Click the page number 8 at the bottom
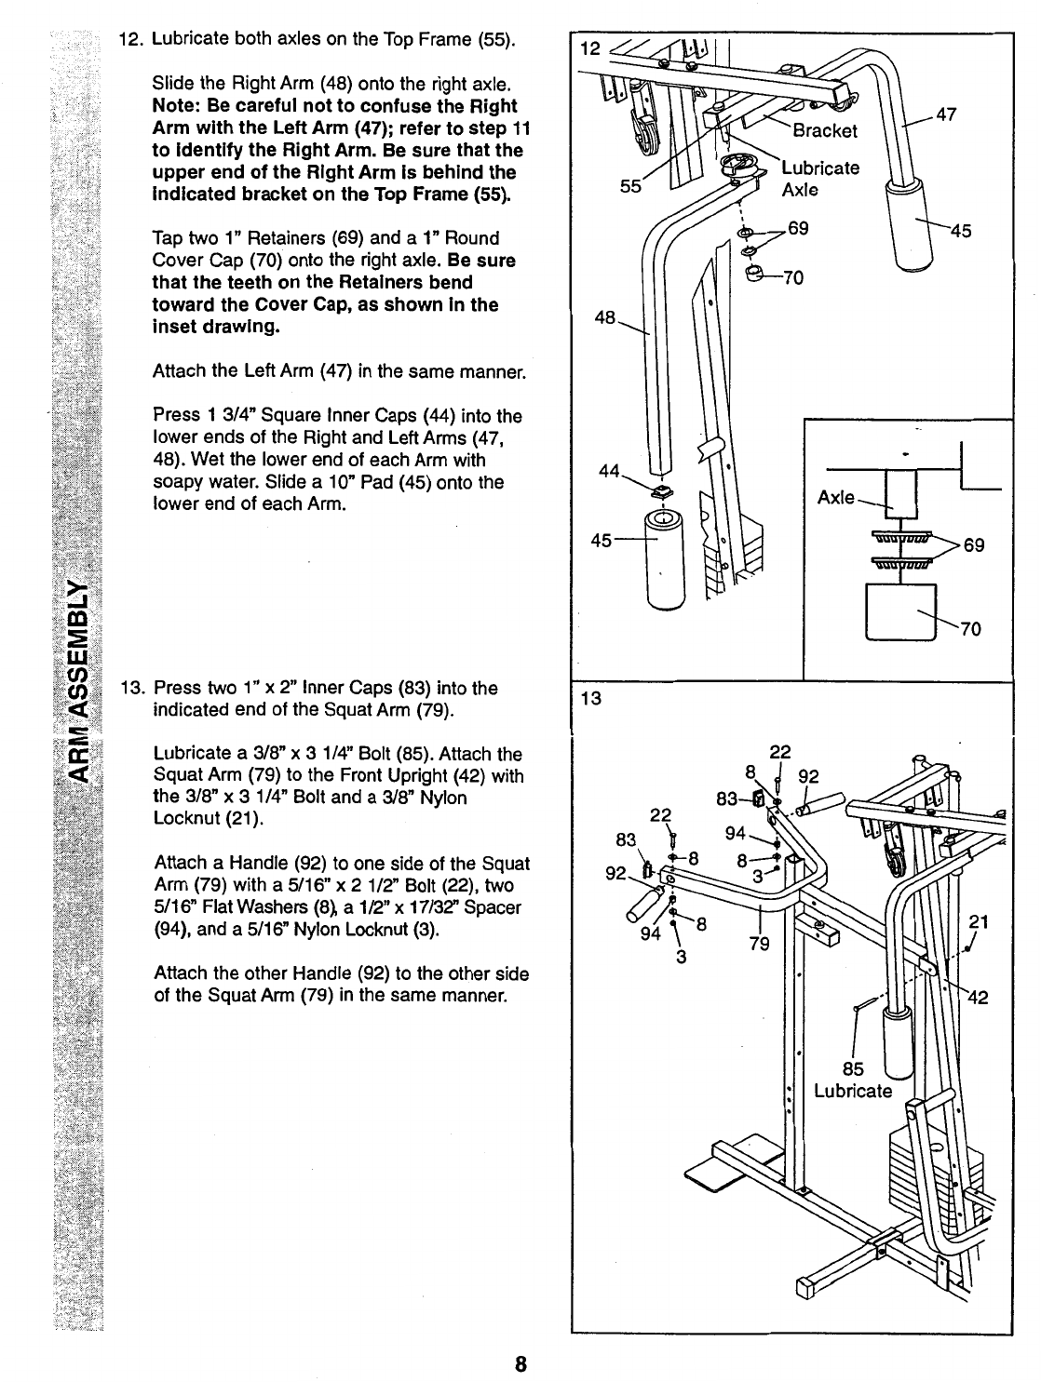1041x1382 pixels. coord(520,1364)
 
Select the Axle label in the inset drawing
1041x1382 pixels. coord(835,497)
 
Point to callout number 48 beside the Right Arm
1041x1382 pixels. coord(605,318)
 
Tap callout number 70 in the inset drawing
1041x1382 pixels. coord(969,629)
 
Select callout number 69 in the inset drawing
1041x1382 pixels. coord(974,545)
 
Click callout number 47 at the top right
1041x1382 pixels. coord(947,114)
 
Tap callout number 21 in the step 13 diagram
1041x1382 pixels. coord(978,921)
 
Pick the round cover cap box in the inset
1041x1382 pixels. coord(900,611)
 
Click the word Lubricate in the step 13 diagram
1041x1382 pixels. coord(853,1091)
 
